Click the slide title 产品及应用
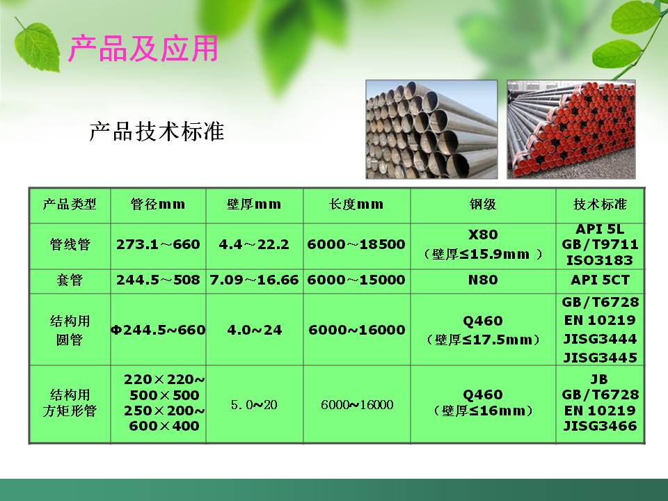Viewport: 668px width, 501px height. pyautogui.click(x=143, y=49)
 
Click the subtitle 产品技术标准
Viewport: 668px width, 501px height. pyautogui.click(x=157, y=131)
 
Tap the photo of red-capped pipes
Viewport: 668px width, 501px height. pyautogui.click(x=571, y=129)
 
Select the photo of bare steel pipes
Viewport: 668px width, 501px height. pyautogui.click(x=431, y=129)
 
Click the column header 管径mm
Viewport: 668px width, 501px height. pyautogui.click(x=158, y=205)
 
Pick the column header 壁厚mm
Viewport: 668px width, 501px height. pyautogui.click(x=254, y=205)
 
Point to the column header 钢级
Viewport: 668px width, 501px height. pyautogui.click(x=482, y=205)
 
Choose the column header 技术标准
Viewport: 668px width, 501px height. pyautogui.click(x=600, y=205)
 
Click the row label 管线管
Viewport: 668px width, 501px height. pyautogui.click(x=70, y=245)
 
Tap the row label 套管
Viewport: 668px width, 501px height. pyautogui.click(x=70, y=280)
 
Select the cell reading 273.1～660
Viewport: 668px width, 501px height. pyautogui.click(x=158, y=245)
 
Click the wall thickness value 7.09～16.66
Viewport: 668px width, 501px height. pyautogui.click(x=254, y=280)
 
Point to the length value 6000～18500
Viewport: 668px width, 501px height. pyautogui.click(x=356, y=245)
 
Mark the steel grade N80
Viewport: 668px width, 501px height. pyautogui.click(x=482, y=280)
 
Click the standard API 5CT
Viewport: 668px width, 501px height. pyautogui.click(x=600, y=280)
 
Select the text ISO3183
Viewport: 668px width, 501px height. pyautogui.click(x=600, y=261)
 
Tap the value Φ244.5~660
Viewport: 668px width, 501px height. pyautogui.click(x=158, y=330)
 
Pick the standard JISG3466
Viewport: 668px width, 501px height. pyautogui.click(x=600, y=426)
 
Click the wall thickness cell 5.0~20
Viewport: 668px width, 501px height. pyautogui.click(x=254, y=405)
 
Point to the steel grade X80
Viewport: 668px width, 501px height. pyautogui.click(x=482, y=234)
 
